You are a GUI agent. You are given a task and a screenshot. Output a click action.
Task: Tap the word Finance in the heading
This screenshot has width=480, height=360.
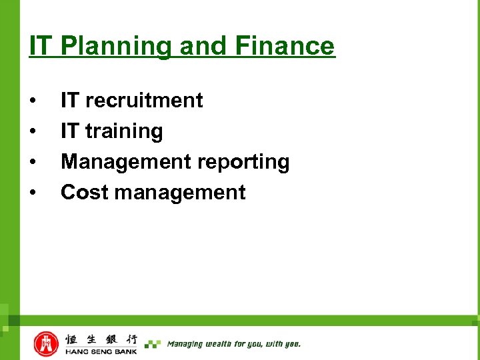click(x=285, y=46)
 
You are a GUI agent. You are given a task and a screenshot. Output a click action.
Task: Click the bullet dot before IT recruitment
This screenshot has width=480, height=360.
click(x=33, y=101)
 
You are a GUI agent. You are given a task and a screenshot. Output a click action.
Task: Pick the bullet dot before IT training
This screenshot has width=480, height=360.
click(x=33, y=132)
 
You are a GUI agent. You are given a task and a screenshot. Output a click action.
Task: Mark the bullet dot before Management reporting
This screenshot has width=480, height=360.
click(x=33, y=163)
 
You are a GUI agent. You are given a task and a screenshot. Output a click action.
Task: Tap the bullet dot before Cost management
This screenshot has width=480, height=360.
click(x=33, y=193)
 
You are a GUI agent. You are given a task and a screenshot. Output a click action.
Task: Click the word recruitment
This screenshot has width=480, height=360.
click(x=144, y=101)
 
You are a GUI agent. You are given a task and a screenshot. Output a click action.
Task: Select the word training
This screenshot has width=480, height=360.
click(x=124, y=131)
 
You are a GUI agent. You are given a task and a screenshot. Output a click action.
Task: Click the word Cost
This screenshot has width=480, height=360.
click(x=85, y=193)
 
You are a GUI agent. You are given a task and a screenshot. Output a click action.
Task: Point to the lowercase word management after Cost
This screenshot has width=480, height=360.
click(x=180, y=193)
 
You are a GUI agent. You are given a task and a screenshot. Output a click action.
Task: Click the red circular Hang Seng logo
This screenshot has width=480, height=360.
click(x=46, y=343)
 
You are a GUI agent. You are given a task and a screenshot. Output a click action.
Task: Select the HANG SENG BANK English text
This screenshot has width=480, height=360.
click(x=101, y=351)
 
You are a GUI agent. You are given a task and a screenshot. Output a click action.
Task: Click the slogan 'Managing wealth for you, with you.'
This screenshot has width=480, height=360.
click(x=233, y=344)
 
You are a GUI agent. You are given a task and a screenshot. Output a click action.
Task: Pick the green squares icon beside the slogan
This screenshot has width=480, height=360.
click(x=153, y=344)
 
